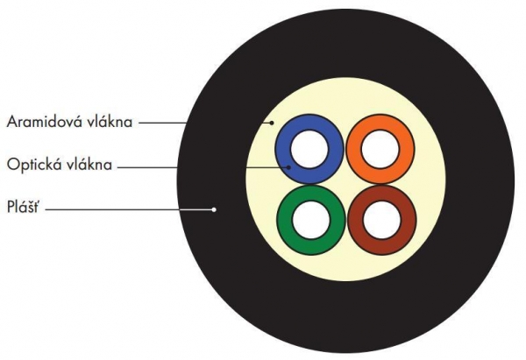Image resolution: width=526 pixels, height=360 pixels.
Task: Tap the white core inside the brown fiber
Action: [380, 219]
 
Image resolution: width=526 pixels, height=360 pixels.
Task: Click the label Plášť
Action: [25, 207]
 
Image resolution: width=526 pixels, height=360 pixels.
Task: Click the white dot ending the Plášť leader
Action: [213, 208]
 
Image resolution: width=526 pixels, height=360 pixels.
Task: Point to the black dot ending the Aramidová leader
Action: [272, 123]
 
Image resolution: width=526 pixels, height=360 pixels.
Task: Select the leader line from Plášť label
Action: [131, 208]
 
